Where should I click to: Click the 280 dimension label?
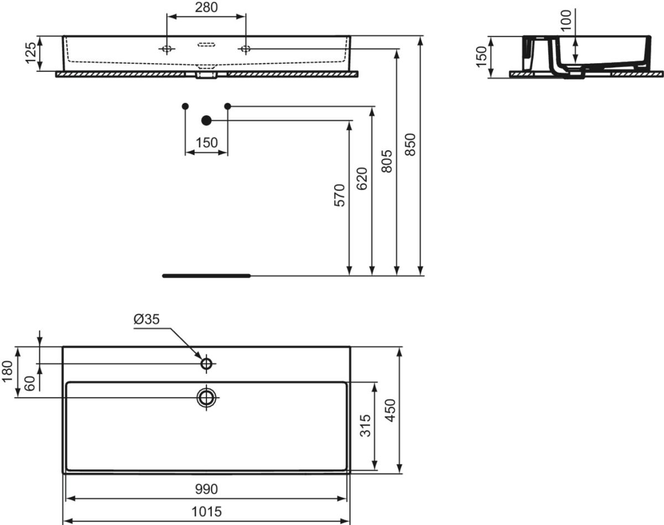[206, 7]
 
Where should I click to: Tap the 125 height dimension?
[31, 53]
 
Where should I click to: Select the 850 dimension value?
[410, 145]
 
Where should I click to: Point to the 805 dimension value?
[387, 161]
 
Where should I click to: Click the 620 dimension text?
[362, 179]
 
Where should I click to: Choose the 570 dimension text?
[339, 195]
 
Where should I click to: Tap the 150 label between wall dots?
[206, 142]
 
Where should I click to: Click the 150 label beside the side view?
[481, 56]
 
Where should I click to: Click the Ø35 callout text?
[146, 319]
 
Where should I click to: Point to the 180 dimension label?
[7, 372]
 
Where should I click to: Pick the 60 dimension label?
[30, 382]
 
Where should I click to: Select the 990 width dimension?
[206, 489]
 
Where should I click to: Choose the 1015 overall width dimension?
[206, 511]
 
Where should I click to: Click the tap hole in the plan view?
[206, 364]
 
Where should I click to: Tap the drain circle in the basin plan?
[206, 397]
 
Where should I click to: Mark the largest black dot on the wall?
[207, 120]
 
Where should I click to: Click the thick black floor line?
[206, 275]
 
